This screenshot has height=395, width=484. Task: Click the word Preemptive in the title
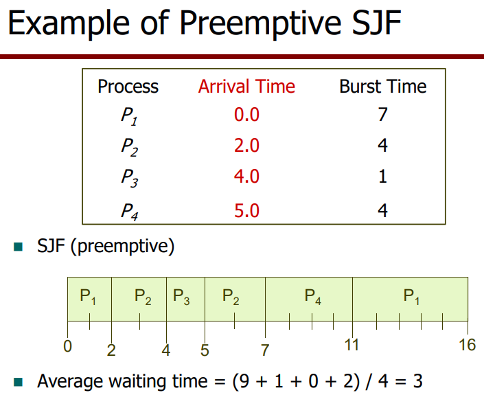pos(260,23)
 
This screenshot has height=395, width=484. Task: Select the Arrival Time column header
pos(246,86)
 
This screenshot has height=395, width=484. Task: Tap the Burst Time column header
pos(383,86)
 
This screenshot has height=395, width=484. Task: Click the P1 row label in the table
pos(129,116)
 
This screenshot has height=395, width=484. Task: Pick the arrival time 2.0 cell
pos(246,146)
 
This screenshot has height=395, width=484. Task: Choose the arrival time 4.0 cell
pos(246,177)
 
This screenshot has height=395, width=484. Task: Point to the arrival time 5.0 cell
pos(246,211)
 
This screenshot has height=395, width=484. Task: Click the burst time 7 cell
pos(382,115)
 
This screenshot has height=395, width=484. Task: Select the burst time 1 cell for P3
pos(383,177)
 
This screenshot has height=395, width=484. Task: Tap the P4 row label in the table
pos(129,212)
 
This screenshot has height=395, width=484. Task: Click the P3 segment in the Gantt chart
pos(185,299)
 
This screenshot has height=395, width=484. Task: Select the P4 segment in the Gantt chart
pos(309,299)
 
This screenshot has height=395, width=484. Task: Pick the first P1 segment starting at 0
pos(89,299)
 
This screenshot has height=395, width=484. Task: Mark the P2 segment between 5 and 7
pos(235,299)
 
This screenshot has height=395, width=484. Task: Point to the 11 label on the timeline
pos(352,345)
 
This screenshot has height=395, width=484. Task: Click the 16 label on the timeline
pos(467,345)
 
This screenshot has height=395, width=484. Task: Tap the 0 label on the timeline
pos(67,346)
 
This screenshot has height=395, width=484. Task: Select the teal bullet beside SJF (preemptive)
pos(19,247)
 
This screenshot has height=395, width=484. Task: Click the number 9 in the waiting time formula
pos(244,381)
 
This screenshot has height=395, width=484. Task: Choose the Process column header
pos(128,86)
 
